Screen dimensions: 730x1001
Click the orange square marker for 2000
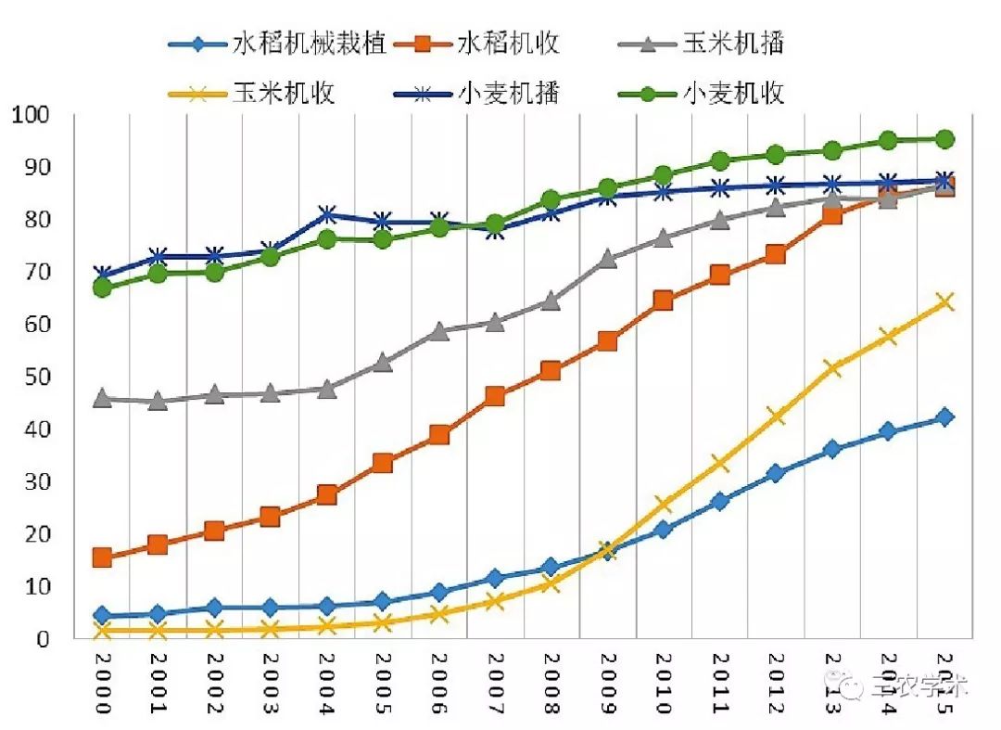[102, 557]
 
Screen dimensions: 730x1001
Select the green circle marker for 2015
[944, 139]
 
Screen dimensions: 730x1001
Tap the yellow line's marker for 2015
[944, 301]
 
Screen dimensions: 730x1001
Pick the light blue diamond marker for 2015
[944, 417]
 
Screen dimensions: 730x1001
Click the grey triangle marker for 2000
[102, 398]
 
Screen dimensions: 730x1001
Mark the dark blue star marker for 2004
[326, 215]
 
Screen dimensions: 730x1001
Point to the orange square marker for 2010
[663, 300]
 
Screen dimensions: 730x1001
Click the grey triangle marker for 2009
[607, 258]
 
